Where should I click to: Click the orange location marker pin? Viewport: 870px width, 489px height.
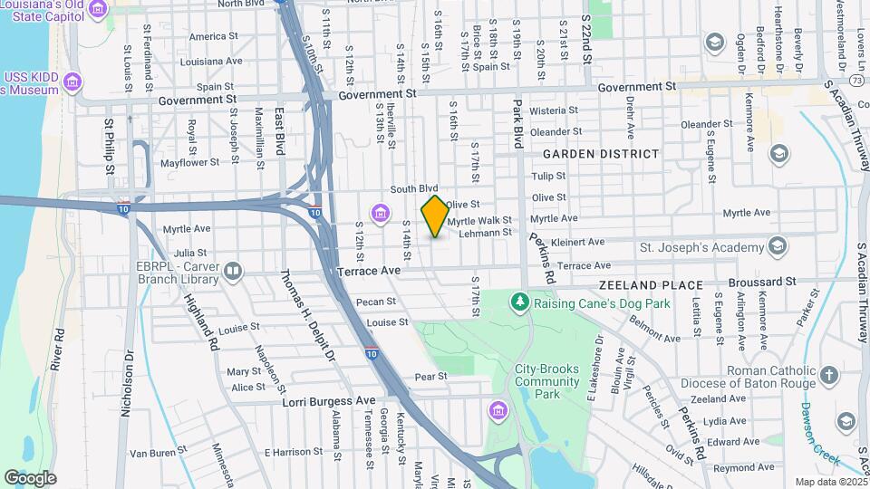click(435, 216)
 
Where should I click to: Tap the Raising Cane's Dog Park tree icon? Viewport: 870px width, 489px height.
click(519, 302)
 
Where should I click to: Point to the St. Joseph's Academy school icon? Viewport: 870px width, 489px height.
click(778, 246)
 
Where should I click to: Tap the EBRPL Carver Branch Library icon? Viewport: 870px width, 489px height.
click(234, 271)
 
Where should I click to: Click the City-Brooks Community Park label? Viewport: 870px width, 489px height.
click(546, 381)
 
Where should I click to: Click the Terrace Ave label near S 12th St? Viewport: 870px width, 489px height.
click(369, 271)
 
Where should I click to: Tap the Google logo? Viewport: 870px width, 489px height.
click(29, 477)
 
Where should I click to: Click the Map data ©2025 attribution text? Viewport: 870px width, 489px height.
click(830, 482)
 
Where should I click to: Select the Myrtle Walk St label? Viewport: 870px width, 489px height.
click(480, 220)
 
